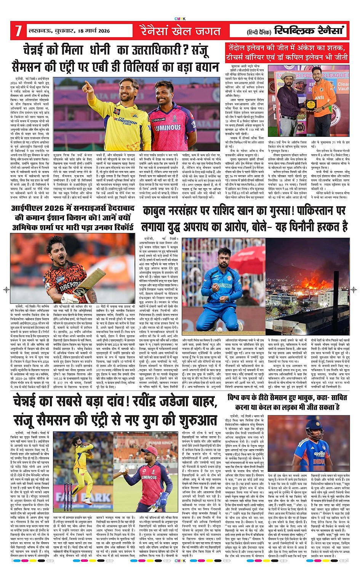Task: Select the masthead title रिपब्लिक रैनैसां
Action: coord(309,30)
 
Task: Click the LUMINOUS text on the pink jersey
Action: coord(168,127)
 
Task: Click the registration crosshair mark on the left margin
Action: coord(6,290)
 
